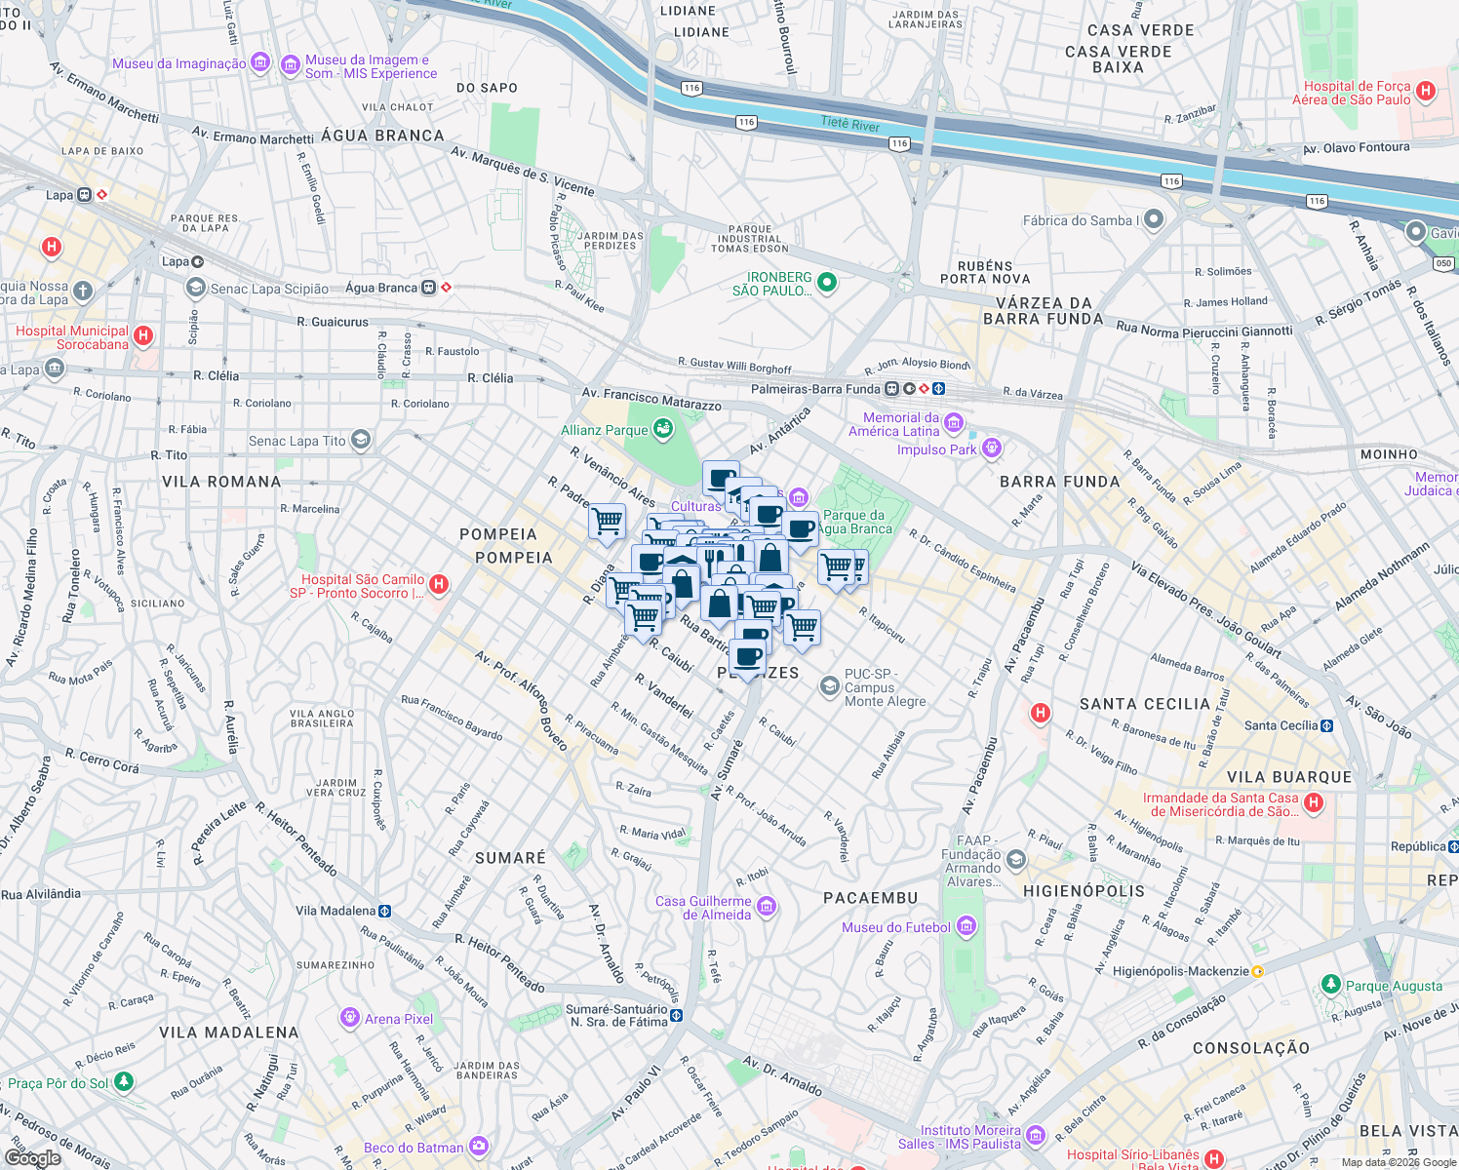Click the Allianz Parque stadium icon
[663, 430]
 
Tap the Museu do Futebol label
[895, 927]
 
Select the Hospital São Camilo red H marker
[439, 585]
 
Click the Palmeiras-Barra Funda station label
[815, 389]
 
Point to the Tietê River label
[850, 124]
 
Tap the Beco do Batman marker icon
[479, 1147]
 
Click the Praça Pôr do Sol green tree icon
[123, 1082]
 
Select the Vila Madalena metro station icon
[385, 911]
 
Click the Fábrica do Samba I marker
[1154, 219]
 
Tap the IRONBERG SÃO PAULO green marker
[827, 283]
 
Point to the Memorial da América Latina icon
[954, 423]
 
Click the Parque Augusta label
[1394, 986]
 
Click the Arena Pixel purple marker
[350, 1019]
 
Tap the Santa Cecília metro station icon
[1326, 725]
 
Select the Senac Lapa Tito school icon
[361, 441]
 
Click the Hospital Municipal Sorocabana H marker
[143, 336]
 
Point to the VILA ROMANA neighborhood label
[221, 482]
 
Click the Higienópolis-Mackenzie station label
[1181, 971]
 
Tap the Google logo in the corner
[32, 1157]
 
